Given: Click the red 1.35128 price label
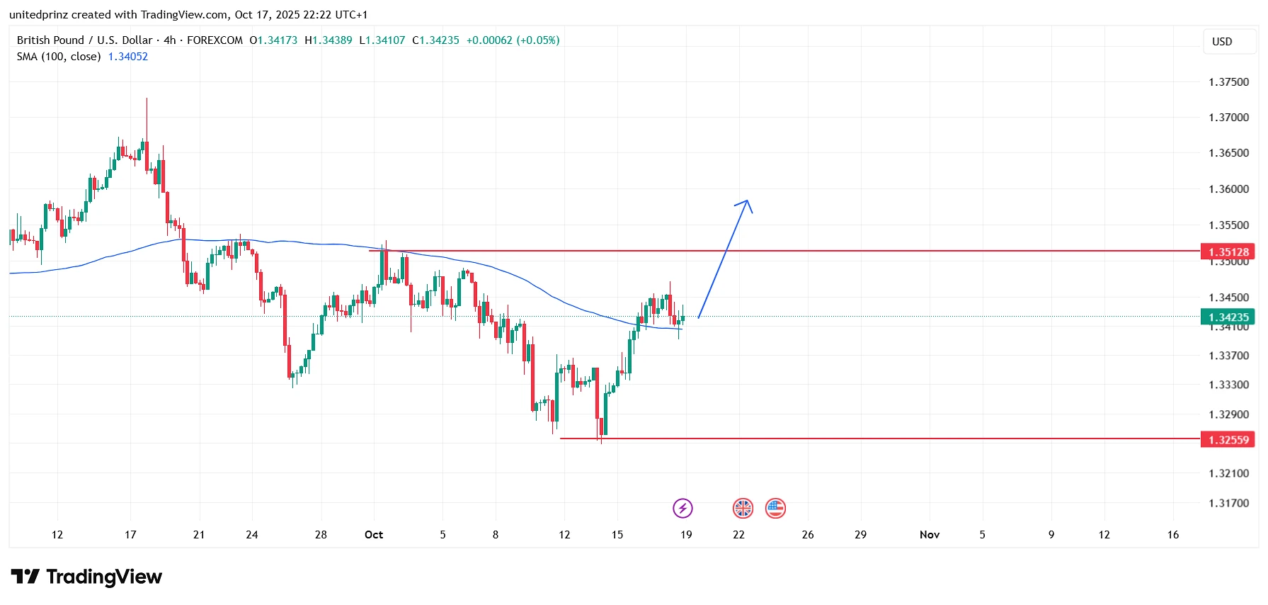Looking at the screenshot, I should click(x=1228, y=252).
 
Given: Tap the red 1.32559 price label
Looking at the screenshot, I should click(x=1228, y=440).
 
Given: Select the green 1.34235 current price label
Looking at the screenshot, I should click(x=1228, y=317).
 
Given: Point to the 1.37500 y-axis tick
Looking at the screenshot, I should click(x=1228, y=82).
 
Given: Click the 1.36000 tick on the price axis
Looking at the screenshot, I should click(x=1228, y=189).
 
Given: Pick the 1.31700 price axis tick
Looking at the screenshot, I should click(x=1228, y=503).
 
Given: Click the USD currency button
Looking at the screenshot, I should click(x=1222, y=42).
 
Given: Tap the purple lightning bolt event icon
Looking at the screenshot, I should click(x=682, y=508).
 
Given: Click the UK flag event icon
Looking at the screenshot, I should click(x=743, y=508).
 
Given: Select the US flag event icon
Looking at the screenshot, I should click(x=775, y=508).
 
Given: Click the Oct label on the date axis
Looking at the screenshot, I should click(x=374, y=535).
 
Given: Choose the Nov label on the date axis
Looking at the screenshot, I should click(x=929, y=535).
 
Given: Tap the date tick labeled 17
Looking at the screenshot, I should click(x=130, y=535).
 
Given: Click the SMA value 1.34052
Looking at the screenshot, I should click(x=127, y=57).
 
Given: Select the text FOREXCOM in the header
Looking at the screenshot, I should click(x=215, y=40).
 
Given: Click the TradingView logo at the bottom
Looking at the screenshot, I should click(x=86, y=577).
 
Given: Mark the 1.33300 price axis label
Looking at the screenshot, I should click(x=1228, y=385).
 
